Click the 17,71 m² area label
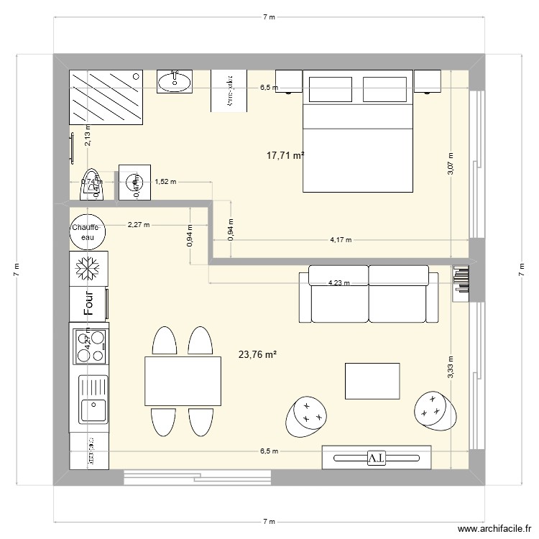click(285, 155)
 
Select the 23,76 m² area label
click(257, 354)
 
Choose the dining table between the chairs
click(182, 381)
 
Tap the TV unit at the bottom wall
click(377, 458)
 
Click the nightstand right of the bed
click(427, 80)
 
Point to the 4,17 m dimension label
click(341, 241)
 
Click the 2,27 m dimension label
click(139, 224)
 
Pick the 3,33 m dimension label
click(451, 367)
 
